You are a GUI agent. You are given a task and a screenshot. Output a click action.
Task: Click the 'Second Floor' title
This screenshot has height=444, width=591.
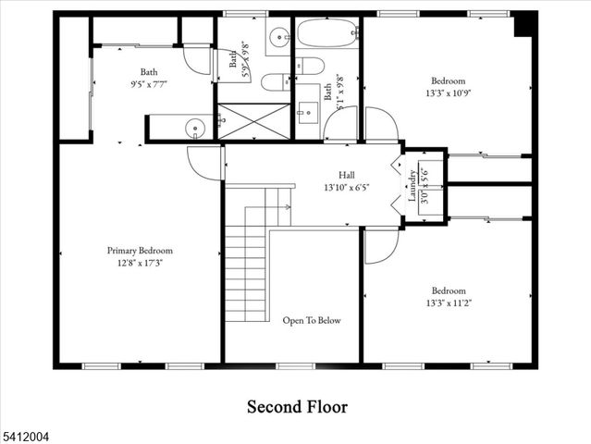[x=296, y=406]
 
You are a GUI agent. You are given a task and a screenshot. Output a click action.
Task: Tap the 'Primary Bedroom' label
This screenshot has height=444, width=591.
[x=140, y=251]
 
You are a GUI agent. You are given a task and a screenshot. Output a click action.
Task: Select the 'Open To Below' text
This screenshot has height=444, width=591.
[x=312, y=321]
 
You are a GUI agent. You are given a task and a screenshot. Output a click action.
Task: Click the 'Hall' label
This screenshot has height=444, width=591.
[x=346, y=174]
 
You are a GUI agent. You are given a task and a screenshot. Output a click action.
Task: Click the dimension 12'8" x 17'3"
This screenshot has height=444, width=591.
[x=140, y=263]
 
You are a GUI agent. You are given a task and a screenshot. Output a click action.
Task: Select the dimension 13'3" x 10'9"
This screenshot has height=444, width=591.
[x=447, y=92]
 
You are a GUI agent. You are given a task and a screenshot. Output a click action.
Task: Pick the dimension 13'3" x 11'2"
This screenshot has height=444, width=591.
[x=447, y=302]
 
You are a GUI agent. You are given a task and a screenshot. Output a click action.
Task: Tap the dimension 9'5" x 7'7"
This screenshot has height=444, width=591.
[x=149, y=83]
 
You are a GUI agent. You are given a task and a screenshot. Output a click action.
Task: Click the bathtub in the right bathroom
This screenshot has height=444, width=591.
[x=327, y=36]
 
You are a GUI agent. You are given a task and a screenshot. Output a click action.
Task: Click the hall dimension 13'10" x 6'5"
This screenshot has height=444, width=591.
[x=346, y=187]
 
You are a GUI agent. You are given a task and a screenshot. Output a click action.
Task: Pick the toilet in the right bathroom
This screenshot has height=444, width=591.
[x=309, y=68]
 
